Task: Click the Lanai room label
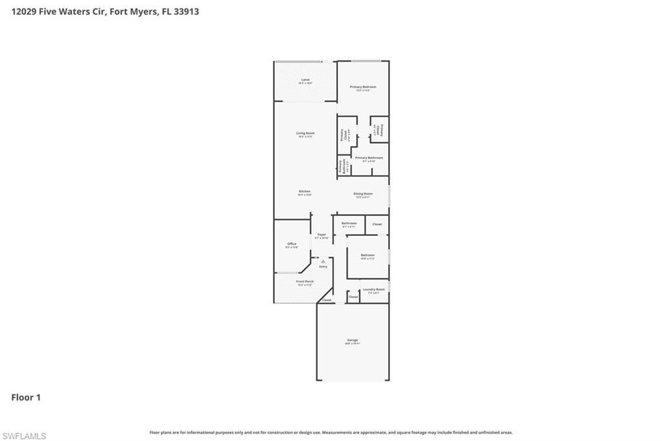point(305,80)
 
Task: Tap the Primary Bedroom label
point(363,87)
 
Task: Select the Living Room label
point(305,133)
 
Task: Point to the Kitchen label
point(304,191)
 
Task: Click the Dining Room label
point(363,194)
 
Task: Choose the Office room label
point(292,244)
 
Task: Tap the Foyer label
point(321,234)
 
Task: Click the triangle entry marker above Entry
point(323,261)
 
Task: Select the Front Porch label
point(304,281)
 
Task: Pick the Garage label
point(352,340)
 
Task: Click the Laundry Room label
point(374,289)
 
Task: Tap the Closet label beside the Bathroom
point(377,224)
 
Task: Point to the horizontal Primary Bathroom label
point(368,158)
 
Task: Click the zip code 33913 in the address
point(186,11)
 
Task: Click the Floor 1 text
point(26,398)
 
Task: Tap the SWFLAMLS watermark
point(24,436)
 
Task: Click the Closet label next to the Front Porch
point(326,300)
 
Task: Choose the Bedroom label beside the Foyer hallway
point(367,255)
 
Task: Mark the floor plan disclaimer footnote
point(331,433)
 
